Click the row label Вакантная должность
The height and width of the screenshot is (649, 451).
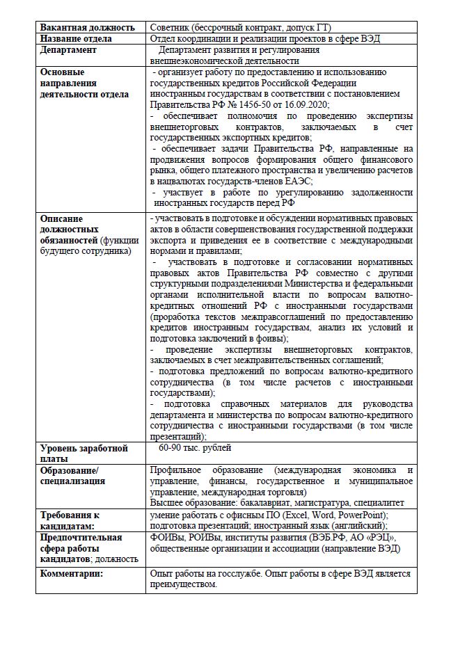point(87,27)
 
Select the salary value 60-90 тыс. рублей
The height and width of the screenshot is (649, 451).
point(195,447)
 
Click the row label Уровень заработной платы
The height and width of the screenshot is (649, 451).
point(84,453)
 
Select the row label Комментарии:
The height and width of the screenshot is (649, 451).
point(72,574)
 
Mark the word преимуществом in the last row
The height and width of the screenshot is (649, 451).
point(184,584)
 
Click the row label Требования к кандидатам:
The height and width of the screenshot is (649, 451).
point(70,520)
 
